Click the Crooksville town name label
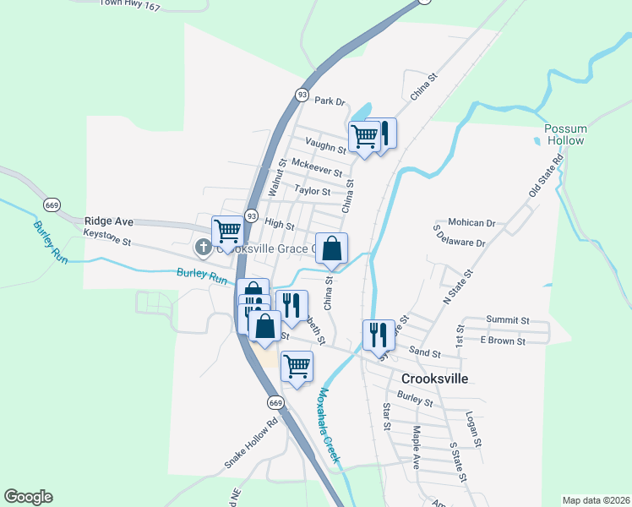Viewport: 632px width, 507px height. (434, 379)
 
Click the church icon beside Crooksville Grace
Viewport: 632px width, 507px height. (203, 248)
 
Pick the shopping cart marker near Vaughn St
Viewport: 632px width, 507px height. (364, 137)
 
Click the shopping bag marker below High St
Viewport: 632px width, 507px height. (332, 248)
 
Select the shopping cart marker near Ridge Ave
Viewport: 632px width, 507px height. (227, 230)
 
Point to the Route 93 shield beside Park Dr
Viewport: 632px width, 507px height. (302, 95)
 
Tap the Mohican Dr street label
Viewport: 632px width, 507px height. (471, 223)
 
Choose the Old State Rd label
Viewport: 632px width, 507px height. (546, 177)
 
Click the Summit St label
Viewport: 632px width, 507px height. (507, 321)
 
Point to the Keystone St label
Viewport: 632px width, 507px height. (108, 242)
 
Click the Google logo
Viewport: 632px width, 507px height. (28, 497)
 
